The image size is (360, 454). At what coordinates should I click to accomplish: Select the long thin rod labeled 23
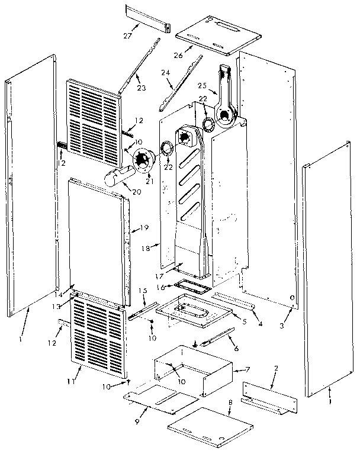139,65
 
